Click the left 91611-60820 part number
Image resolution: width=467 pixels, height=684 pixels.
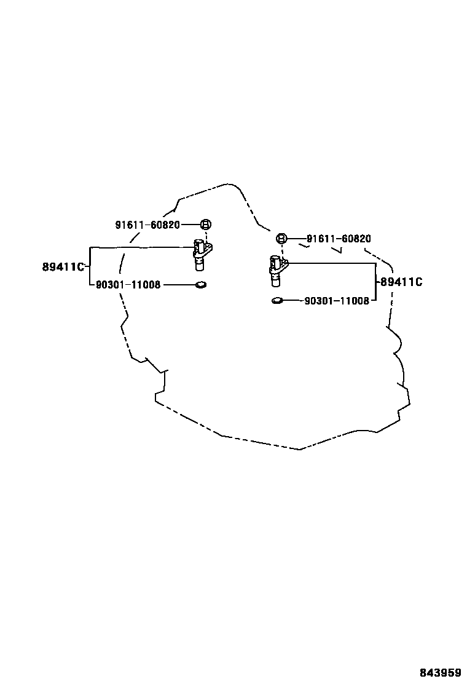[x=147, y=225]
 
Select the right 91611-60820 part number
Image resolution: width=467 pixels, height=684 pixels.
[x=339, y=239]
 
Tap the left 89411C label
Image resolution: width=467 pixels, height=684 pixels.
[x=63, y=267]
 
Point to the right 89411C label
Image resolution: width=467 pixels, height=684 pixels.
[x=401, y=282]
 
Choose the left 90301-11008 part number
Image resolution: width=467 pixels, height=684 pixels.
[x=128, y=285]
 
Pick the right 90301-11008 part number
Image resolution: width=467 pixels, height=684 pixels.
[x=337, y=301]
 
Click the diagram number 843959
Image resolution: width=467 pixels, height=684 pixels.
[x=441, y=673]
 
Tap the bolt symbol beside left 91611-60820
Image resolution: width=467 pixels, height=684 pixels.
[x=206, y=225]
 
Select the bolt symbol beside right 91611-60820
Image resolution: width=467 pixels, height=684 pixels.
[x=281, y=239]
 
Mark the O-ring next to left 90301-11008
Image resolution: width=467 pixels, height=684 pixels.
[x=200, y=285]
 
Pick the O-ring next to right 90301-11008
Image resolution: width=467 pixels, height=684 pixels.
[x=277, y=301]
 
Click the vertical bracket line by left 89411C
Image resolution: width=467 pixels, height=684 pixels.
[x=90, y=266]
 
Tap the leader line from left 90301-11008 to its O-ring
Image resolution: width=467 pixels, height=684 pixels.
[x=178, y=285]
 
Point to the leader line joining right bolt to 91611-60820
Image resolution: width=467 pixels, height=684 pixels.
[x=296, y=239]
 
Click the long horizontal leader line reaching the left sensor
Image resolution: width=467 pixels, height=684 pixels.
[x=141, y=247]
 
